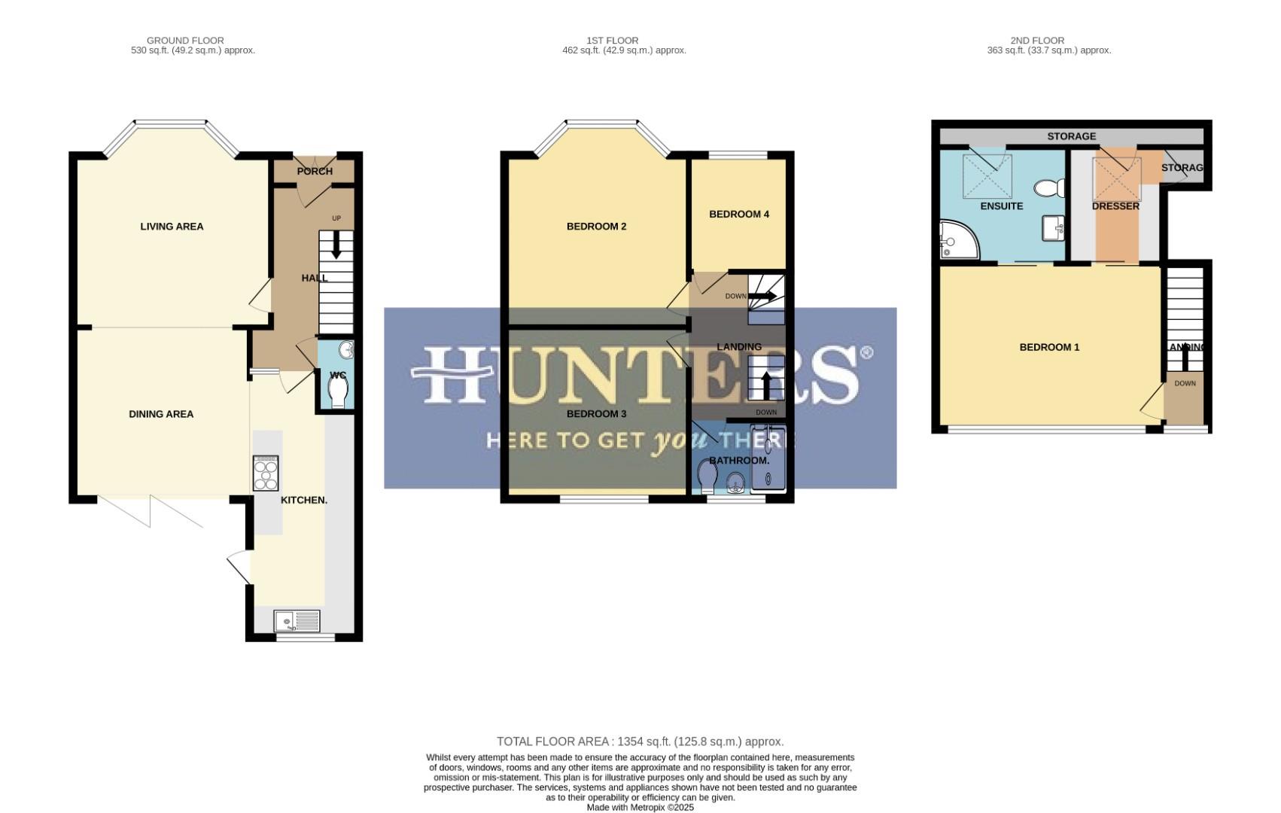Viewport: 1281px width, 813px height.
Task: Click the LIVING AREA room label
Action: [172, 227]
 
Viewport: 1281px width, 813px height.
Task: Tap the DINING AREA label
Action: [161, 414]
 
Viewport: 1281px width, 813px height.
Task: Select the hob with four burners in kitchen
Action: [266, 474]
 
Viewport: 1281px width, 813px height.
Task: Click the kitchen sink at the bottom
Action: [297, 621]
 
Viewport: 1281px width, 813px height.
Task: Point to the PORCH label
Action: [315, 172]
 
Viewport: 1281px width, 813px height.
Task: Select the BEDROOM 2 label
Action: [596, 227]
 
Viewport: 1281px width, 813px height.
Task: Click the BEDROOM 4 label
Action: [738, 215]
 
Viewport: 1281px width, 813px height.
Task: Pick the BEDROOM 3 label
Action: [596, 414]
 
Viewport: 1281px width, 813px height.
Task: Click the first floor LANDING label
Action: [738, 347]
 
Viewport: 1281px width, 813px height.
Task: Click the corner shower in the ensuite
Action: [957, 239]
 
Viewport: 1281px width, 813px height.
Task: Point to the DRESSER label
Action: [1115, 206]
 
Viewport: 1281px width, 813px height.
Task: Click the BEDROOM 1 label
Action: [1049, 347]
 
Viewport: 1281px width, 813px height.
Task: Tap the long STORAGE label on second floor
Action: [1071, 136]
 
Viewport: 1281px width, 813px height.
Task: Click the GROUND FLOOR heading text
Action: [185, 41]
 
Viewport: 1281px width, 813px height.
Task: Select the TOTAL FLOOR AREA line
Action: [640, 741]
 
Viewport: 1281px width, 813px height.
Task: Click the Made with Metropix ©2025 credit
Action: [640, 807]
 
